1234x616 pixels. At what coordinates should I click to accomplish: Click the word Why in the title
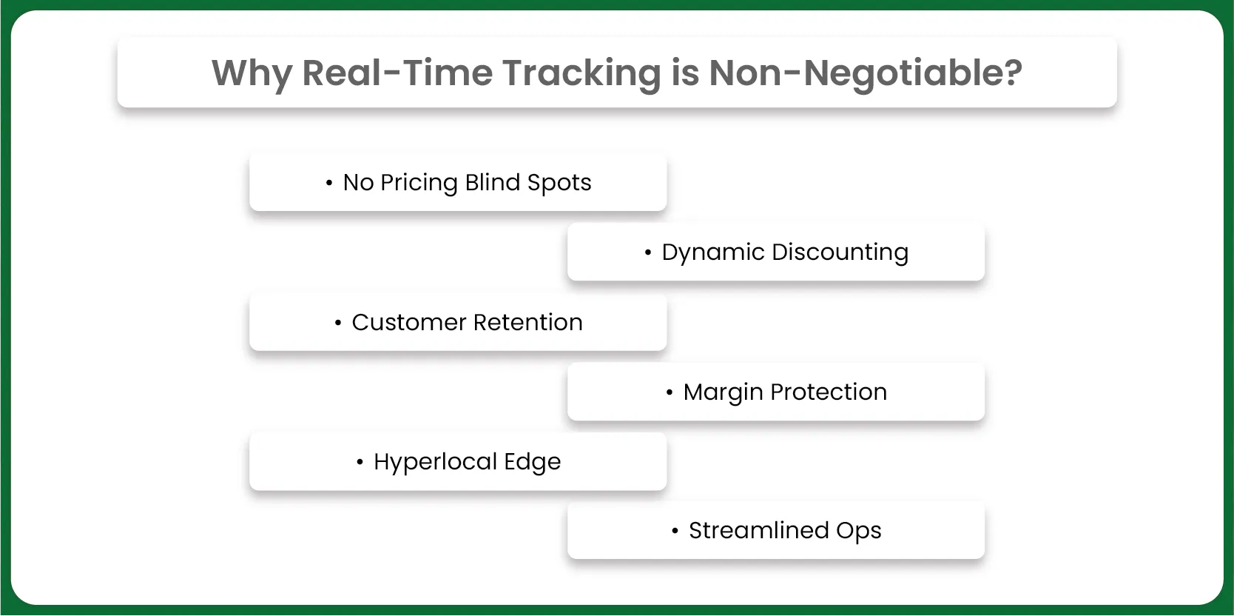coord(252,73)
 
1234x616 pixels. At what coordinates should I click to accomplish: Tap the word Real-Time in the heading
coord(397,73)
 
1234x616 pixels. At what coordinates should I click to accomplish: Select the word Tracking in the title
coord(581,73)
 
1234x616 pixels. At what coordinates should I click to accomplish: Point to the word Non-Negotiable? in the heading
coord(865,73)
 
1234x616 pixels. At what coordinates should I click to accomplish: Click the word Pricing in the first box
coord(419,183)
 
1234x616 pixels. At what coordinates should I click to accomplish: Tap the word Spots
coord(559,183)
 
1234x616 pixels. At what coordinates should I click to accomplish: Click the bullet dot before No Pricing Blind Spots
coord(329,183)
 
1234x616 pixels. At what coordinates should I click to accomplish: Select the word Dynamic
coord(713,252)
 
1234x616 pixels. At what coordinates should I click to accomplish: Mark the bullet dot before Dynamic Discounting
coord(648,253)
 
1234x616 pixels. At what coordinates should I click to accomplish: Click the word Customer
coord(408,323)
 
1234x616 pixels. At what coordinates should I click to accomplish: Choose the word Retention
coord(528,323)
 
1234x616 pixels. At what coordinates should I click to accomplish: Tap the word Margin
coord(723,392)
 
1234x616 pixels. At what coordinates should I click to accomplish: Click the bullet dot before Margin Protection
coord(670,392)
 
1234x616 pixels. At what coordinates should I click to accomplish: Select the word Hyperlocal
coord(435,462)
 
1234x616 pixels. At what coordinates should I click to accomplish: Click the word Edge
coord(533,462)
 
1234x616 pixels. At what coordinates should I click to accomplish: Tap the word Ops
coord(859,531)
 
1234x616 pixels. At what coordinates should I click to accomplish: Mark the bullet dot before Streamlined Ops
coord(675,531)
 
